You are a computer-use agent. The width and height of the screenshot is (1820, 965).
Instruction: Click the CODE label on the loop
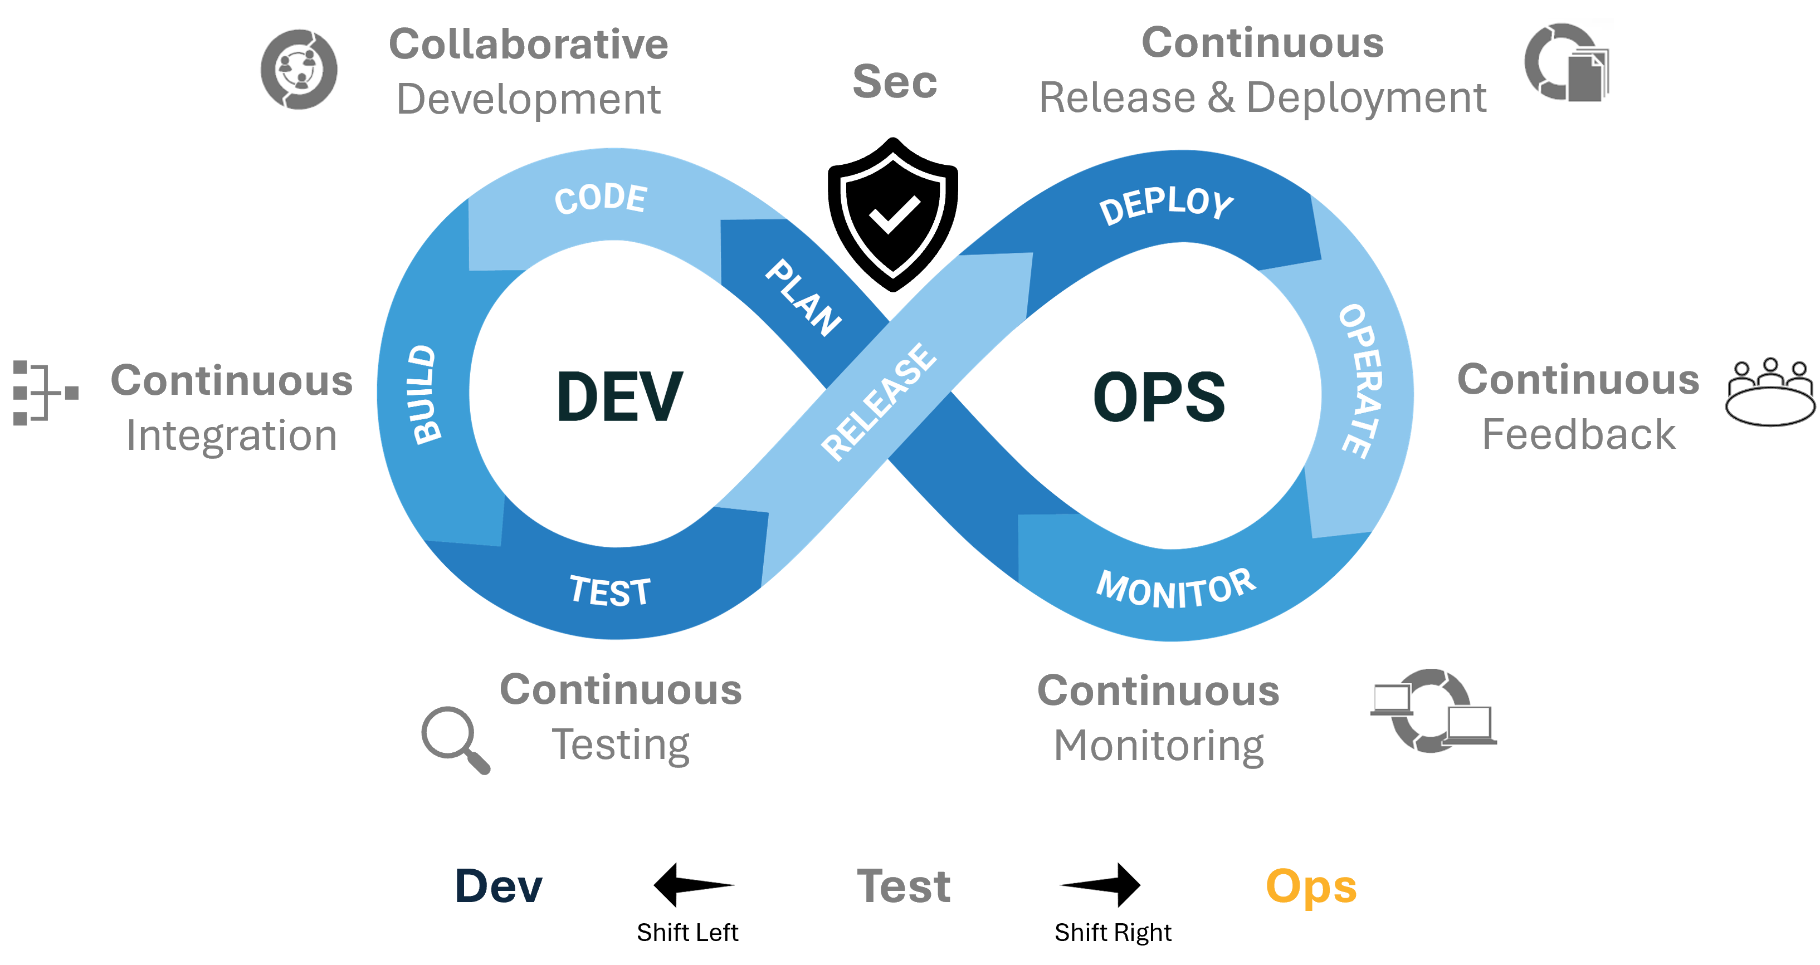click(601, 198)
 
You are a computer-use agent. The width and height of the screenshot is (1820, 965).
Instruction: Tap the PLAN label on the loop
click(803, 297)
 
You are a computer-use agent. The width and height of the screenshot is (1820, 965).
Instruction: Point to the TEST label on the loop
click(609, 591)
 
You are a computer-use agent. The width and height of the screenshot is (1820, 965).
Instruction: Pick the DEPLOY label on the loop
click(1166, 205)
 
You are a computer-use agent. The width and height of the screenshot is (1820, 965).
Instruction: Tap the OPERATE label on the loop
click(1360, 381)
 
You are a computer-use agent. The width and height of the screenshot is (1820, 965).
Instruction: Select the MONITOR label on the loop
click(1175, 589)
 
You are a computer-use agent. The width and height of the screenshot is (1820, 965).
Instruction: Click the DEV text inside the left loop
click(619, 397)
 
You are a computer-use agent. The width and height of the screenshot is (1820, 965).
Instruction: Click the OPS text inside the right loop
click(1159, 397)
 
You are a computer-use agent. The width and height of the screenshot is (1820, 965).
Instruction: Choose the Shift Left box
click(687, 933)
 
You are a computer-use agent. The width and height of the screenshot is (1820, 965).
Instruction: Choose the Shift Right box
click(1113, 933)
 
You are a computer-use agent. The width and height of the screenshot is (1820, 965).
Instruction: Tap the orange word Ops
click(1311, 886)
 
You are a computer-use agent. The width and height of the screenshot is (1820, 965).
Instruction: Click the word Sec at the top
click(895, 81)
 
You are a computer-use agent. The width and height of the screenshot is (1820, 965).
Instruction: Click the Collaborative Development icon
click(297, 69)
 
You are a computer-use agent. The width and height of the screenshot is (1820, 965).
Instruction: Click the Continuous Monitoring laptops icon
click(1432, 709)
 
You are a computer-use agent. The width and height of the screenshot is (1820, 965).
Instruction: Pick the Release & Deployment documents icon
click(1565, 62)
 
